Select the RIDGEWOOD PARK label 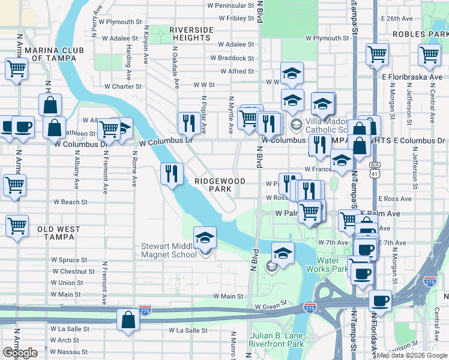coord(220,184)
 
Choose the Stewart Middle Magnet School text coord(169,250)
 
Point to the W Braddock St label coord(232,58)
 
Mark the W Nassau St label coord(69,352)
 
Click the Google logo coord(20,353)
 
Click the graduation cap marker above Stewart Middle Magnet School coord(205,238)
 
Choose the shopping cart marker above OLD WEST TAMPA coord(17,226)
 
